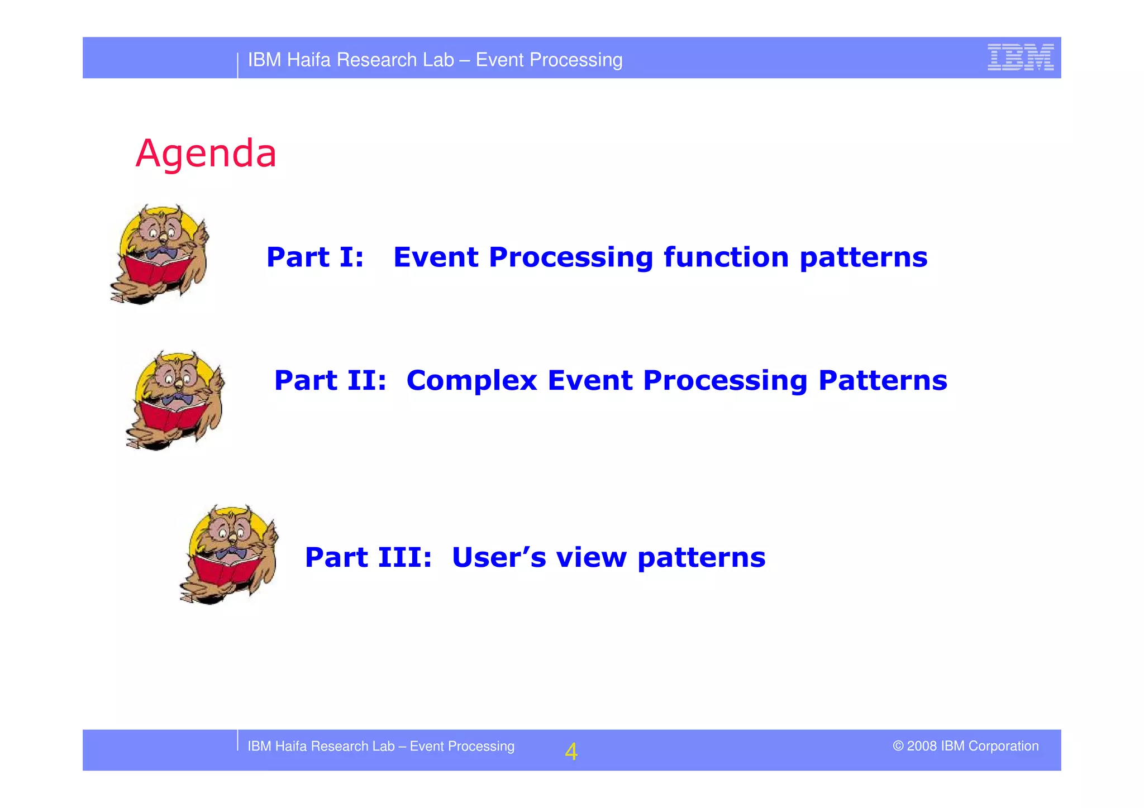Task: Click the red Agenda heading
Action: tap(206, 153)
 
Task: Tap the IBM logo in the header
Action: tap(1020, 58)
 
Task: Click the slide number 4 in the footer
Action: tap(571, 752)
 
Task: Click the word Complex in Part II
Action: tap(471, 381)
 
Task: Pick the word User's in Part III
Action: tap(499, 557)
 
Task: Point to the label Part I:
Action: tap(315, 257)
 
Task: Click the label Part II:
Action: tap(330, 381)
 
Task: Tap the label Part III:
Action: tap(368, 557)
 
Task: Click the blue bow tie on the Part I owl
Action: tap(162, 254)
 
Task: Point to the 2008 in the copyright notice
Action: tap(922, 746)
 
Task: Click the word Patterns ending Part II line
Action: tap(883, 381)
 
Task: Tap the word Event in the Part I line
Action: tap(436, 257)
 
